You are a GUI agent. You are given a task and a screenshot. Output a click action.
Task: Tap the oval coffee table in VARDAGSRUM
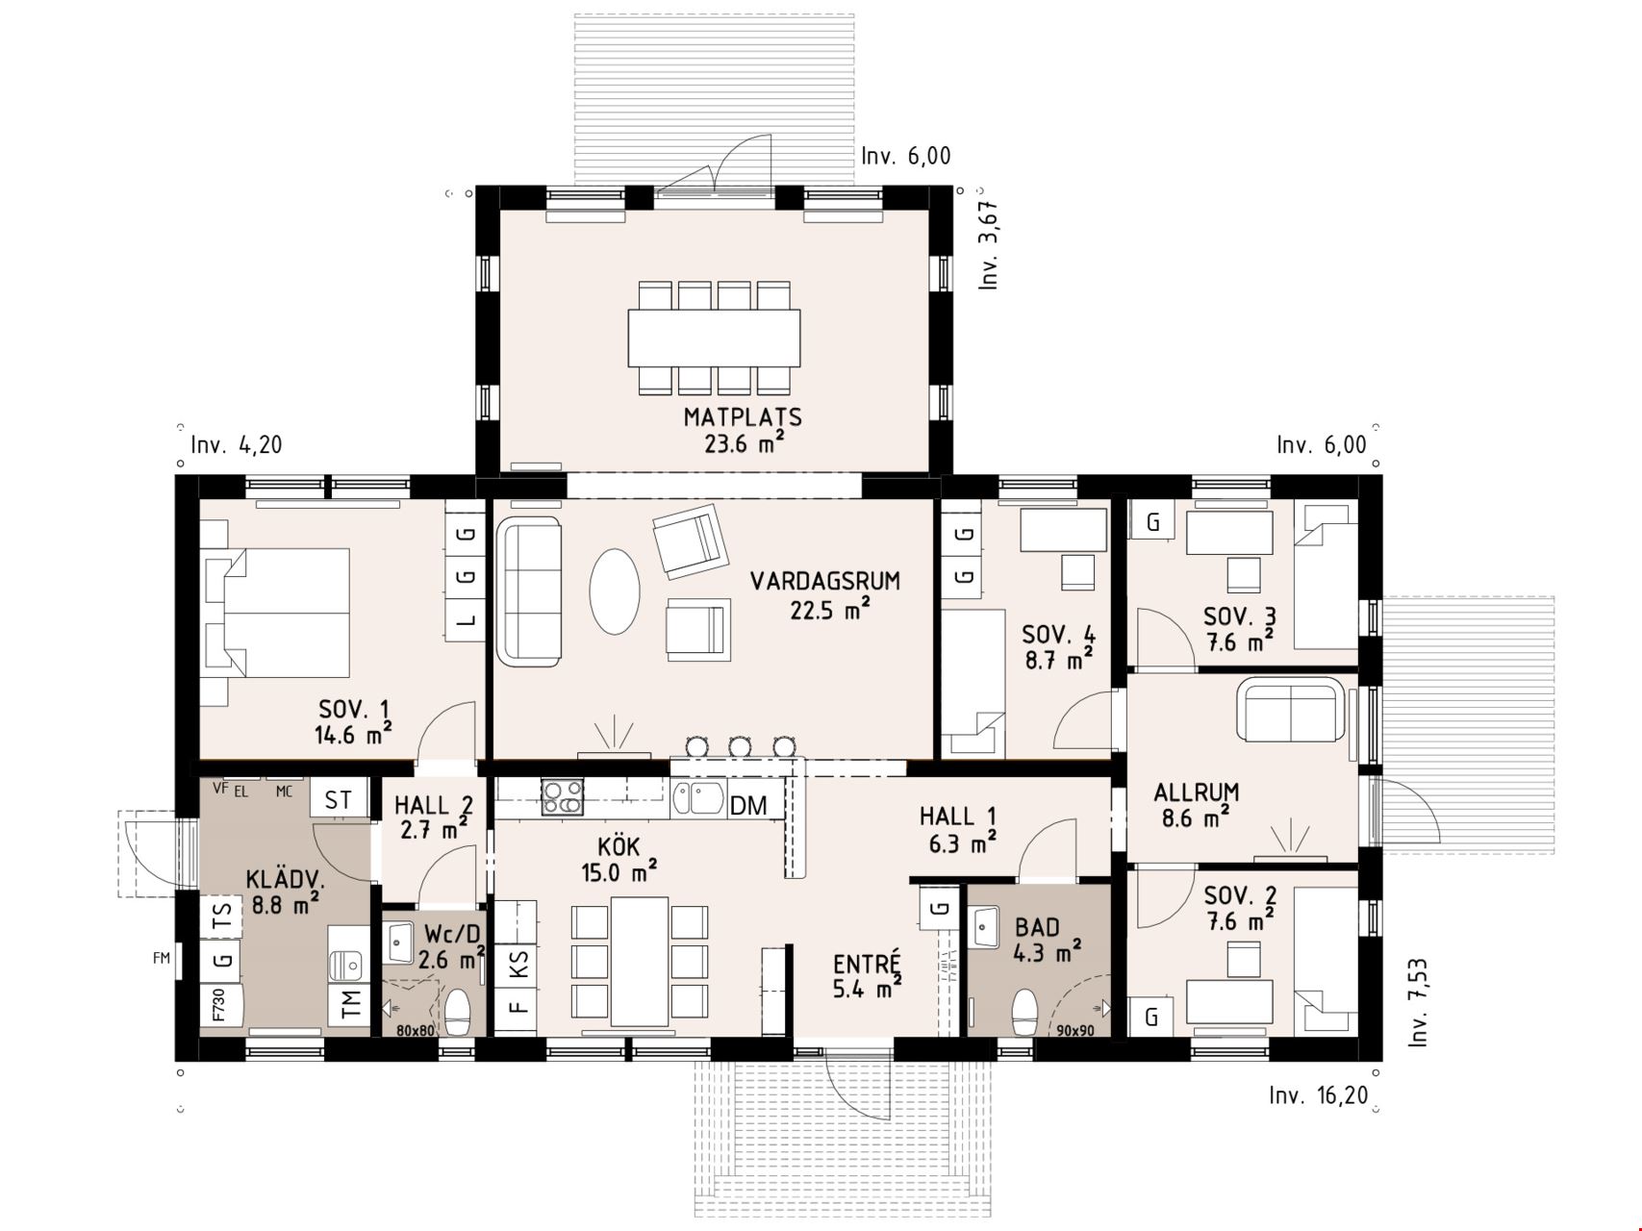[614, 590]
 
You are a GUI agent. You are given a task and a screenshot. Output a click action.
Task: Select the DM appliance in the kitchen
[749, 805]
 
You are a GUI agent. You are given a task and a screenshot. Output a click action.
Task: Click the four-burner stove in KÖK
[563, 797]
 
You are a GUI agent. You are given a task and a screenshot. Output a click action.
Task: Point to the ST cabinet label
[338, 800]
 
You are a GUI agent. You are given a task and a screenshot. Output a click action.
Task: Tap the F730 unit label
[218, 1005]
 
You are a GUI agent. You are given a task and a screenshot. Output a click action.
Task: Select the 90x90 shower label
[1075, 1031]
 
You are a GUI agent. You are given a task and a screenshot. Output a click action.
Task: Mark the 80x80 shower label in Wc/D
[416, 1031]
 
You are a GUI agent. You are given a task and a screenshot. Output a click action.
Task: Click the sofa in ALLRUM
[1292, 710]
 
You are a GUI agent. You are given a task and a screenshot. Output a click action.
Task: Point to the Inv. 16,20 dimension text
[1318, 1095]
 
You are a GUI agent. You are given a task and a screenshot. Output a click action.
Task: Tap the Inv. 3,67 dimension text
[989, 245]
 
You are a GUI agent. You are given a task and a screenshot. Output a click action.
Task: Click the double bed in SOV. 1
[275, 613]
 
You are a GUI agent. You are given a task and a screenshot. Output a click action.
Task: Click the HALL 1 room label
[957, 816]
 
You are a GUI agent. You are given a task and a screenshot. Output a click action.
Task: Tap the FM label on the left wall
[161, 958]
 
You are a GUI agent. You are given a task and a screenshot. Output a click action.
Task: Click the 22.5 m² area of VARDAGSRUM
[829, 610]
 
